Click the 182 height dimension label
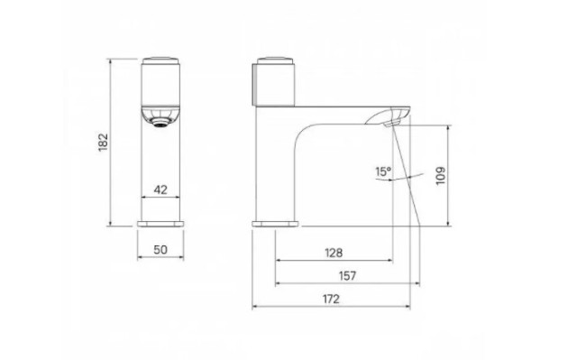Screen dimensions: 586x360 [103, 143]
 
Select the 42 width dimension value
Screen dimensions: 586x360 [160, 189]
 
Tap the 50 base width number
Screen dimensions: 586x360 [160, 250]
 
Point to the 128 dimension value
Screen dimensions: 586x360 [334, 254]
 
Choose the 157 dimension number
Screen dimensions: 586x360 [347, 276]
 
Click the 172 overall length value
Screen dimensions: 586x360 [331, 299]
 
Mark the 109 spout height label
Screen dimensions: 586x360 [441, 175]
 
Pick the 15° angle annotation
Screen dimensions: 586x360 [383, 171]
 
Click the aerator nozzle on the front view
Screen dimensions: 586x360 [161, 122]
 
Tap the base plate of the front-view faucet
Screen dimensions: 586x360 [160, 224]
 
